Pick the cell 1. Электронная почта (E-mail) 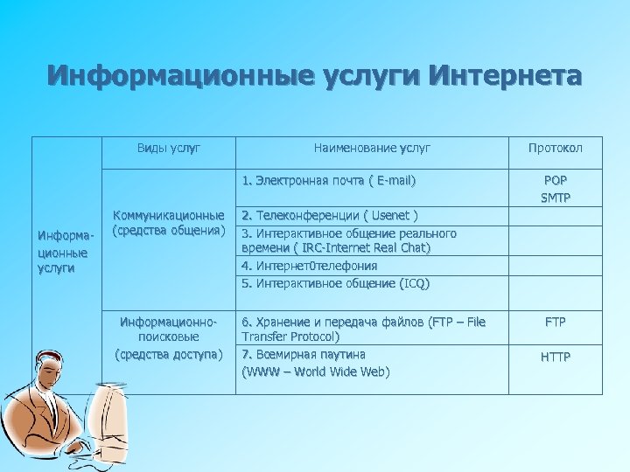click(x=329, y=181)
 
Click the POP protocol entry click(x=555, y=181)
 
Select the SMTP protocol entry click(x=555, y=198)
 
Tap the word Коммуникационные click(x=169, y=215)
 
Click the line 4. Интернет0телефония click(x=310, y=266)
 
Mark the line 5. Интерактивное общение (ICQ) click(x=335, y=283)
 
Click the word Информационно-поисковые click(x=169, y=328)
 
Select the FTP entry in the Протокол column click(x=555, y=322)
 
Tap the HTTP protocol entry click(x=555, y=356)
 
